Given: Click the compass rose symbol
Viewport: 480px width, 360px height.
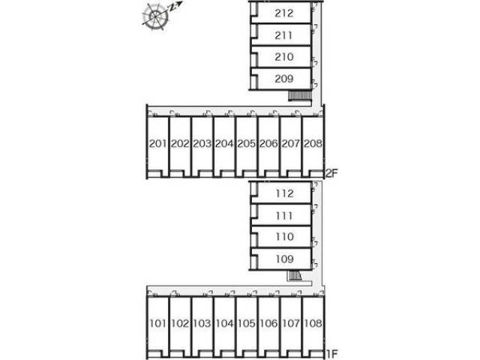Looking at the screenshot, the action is tap(156, 16).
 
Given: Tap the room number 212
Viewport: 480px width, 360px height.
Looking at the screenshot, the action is tap(284, 13).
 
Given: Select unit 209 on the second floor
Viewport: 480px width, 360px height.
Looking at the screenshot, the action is tap(284, 79).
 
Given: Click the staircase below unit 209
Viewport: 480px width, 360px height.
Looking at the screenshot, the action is tap(300, 96).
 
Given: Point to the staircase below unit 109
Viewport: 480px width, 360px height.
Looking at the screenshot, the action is tap(295, 276).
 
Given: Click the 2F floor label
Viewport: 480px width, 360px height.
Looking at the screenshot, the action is tap(331, 173).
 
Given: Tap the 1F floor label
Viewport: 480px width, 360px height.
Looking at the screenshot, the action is tap(331, 354).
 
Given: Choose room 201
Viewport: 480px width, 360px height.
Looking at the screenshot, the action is tap(158, 143).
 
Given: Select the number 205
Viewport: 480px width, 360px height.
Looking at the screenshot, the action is tap(247, 143).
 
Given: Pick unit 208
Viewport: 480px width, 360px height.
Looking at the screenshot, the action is tap(313, 143).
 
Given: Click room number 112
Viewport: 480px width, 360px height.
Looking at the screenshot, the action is tap(285, 193).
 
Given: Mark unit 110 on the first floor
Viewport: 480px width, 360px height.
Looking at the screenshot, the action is tap(285, 237).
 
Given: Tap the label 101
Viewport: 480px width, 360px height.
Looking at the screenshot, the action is tap(158, 323).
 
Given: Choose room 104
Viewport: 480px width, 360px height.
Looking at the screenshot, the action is tap(224, 323).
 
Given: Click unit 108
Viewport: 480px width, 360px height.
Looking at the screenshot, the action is tap(313, 323).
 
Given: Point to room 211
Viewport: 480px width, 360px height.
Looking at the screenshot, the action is tap(283, 35).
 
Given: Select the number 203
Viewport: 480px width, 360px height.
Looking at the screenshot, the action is tap(202, 143).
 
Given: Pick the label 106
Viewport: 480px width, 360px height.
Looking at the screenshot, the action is tap(268, 323).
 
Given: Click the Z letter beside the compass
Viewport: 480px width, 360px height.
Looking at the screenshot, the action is tap(173, 7).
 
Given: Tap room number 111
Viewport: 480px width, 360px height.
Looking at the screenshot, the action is tap(284, 216).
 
